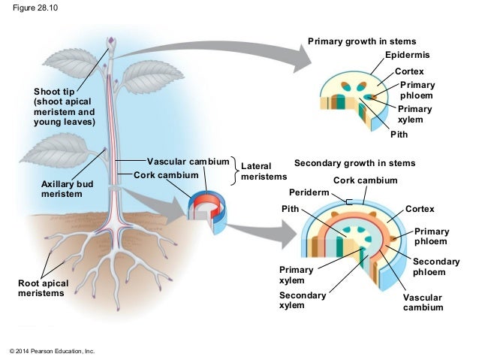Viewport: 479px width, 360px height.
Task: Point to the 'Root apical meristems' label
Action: point(43,288)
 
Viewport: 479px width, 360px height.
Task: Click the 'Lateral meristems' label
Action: point(264,170)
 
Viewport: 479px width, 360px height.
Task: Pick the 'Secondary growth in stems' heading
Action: point(354,162)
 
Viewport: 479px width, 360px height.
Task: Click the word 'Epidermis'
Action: point(408,56)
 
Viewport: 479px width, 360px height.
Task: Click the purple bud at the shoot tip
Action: point(111,42)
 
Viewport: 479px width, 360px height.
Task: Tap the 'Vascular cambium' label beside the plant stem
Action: point(188,162)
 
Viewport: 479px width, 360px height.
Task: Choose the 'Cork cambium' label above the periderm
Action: point(365,180)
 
